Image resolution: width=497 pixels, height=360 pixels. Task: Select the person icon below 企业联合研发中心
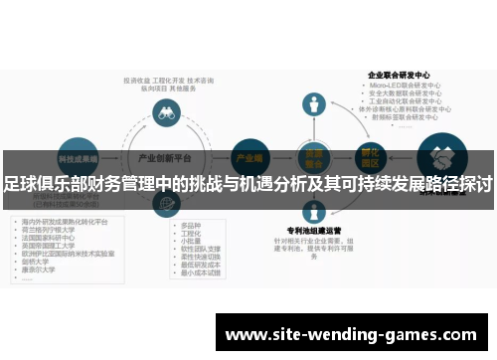(315, 104)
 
